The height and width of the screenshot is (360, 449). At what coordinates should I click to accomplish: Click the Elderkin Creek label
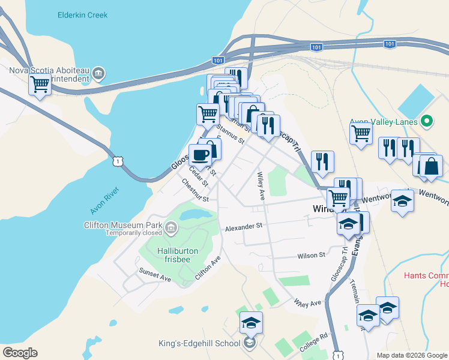[83, 15]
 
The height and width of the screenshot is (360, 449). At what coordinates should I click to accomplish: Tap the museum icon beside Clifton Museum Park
[171, 227]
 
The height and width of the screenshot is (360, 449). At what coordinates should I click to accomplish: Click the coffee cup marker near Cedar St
[200, 155]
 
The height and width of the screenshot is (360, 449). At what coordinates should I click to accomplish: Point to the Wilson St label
[311, 255]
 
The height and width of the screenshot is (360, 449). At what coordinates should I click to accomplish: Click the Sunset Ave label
[155, 274]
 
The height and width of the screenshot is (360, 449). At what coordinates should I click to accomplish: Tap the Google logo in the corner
[20, 353]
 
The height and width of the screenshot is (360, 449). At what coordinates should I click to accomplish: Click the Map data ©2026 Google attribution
[412, 355]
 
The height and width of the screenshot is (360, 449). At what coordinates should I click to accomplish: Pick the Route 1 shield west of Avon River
[117, 161]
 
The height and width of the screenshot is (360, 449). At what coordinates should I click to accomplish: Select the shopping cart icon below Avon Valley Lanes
[361, 133]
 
